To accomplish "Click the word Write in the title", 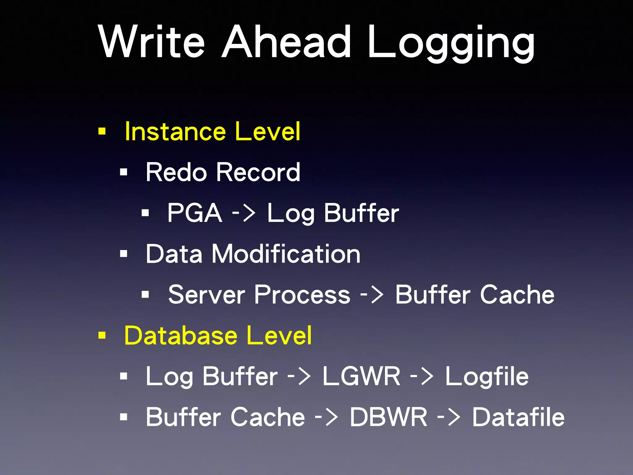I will pos(151,42).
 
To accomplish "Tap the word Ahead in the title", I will pos(287,42).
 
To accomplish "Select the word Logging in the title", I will pos(451,43).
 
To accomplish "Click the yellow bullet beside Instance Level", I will pos(102,131).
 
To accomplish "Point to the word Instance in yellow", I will pos(175,131).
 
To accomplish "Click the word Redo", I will pos(176,172).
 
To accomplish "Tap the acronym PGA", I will pos(195,213).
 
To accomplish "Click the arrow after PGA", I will pos(244,213).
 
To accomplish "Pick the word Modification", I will pos(286,254).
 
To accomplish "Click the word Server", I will pos(206,294).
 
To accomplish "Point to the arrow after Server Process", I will pos(372,294).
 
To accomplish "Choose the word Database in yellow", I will pos(181,335).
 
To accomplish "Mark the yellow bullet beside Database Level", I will pos(102,335).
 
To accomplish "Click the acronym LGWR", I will pos(361,376).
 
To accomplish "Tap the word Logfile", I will pos(487,377).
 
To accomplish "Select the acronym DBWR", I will pos(388,417).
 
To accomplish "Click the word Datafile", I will pos(518,417).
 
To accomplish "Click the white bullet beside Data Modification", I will pos(124,254).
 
